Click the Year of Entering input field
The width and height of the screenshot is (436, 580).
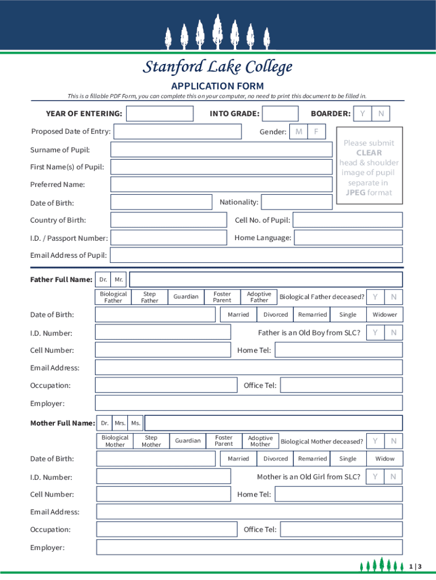coord(160,114)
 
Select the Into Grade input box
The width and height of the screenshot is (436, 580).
coord(281,114)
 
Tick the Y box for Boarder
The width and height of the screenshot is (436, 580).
coord(362,114)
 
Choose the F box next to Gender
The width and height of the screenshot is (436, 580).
coord(317,132)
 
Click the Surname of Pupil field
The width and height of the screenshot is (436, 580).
coord(221,150)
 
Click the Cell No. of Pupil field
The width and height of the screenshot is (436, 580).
coord(348,220)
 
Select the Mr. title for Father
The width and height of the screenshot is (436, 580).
coord(119,279)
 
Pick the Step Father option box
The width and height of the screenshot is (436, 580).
coord(149,297)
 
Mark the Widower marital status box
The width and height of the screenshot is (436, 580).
coord(384,314)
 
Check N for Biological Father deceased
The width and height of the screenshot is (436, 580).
coord(394,297)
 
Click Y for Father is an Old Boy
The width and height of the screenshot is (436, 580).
coord(375,332)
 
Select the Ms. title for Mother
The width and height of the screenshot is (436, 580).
coord(136,423)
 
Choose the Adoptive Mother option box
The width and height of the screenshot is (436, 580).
coord(260,441)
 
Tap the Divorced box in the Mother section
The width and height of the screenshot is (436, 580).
coord(276,459)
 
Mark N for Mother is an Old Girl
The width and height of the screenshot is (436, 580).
coord(394,477)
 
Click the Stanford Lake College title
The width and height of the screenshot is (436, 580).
coord(217,67)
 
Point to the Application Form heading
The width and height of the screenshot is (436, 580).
coord(217,86)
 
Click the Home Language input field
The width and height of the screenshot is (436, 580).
coord(348,238)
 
